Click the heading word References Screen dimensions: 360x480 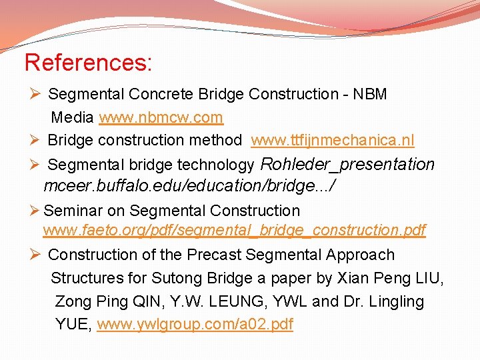point(87,63)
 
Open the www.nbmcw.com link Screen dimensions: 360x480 point(161,118)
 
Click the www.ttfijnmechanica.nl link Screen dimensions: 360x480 point(332,140)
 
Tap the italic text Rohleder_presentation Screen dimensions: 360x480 point(347,164)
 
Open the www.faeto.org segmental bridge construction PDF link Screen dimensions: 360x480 point(234,231)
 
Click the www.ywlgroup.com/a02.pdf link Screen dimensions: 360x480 point(195,325)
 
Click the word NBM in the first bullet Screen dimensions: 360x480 point(371,95)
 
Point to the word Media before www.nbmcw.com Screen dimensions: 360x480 point(73,118)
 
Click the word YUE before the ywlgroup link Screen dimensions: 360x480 point(73,325)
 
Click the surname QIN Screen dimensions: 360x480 point(137,301)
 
